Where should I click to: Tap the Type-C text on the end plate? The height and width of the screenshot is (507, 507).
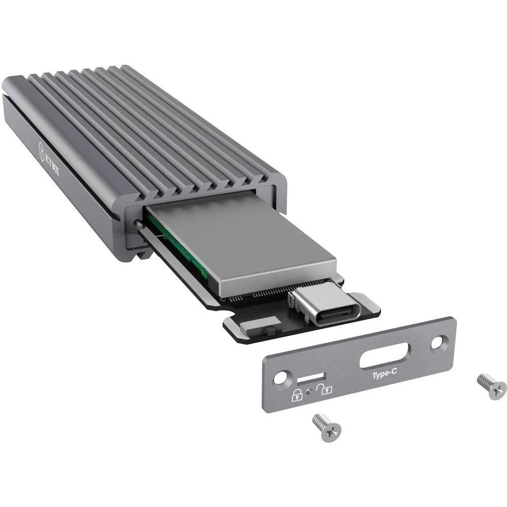pyautogui.click(x=383, y=376)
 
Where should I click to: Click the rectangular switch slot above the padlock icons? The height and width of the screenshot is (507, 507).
pyautogui.click(x=310, y=379)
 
